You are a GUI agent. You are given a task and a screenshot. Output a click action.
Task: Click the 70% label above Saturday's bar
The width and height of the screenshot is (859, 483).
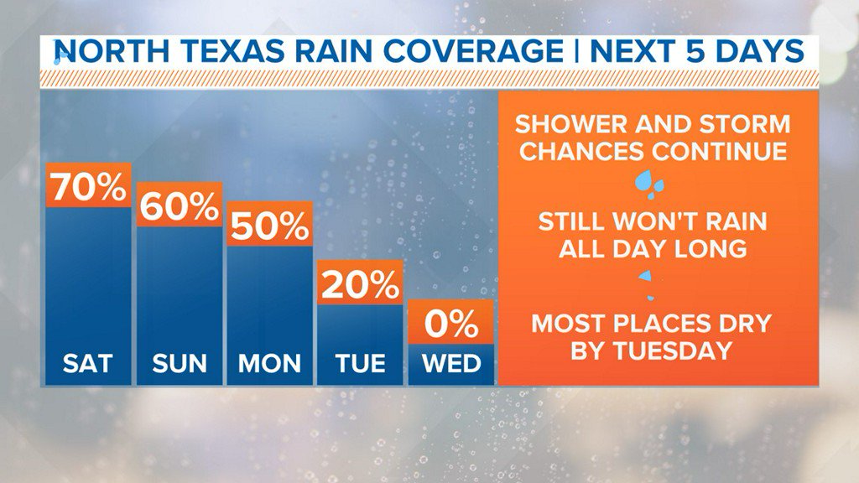tap(89, 185)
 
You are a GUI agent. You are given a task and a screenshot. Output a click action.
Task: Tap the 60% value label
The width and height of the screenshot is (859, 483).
tap(180, 205)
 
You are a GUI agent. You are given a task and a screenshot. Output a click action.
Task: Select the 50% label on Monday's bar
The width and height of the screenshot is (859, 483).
tap(270, 225)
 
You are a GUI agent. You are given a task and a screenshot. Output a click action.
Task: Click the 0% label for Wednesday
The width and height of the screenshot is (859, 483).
tap(450, 323)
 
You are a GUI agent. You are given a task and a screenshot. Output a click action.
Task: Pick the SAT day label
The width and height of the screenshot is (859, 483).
tap(88, 363)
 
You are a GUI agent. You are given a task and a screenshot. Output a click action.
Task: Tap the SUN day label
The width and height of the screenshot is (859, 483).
tap(180, 363)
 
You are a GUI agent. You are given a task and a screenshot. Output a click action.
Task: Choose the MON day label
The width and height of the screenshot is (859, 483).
tap(269, 363)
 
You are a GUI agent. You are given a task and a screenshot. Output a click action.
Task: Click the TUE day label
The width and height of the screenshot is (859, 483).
tap(361, 363)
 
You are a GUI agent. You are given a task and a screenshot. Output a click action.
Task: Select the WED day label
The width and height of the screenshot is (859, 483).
tap(451, 363)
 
